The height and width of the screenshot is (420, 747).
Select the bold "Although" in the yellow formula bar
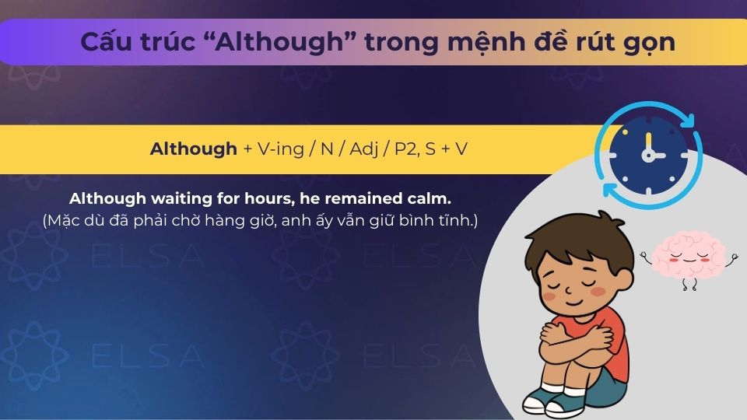click(193, 149)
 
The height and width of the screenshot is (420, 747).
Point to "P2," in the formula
click(407, 149)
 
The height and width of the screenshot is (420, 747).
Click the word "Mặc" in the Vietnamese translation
click(68, 220)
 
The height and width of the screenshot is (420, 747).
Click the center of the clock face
click(648, 155)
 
